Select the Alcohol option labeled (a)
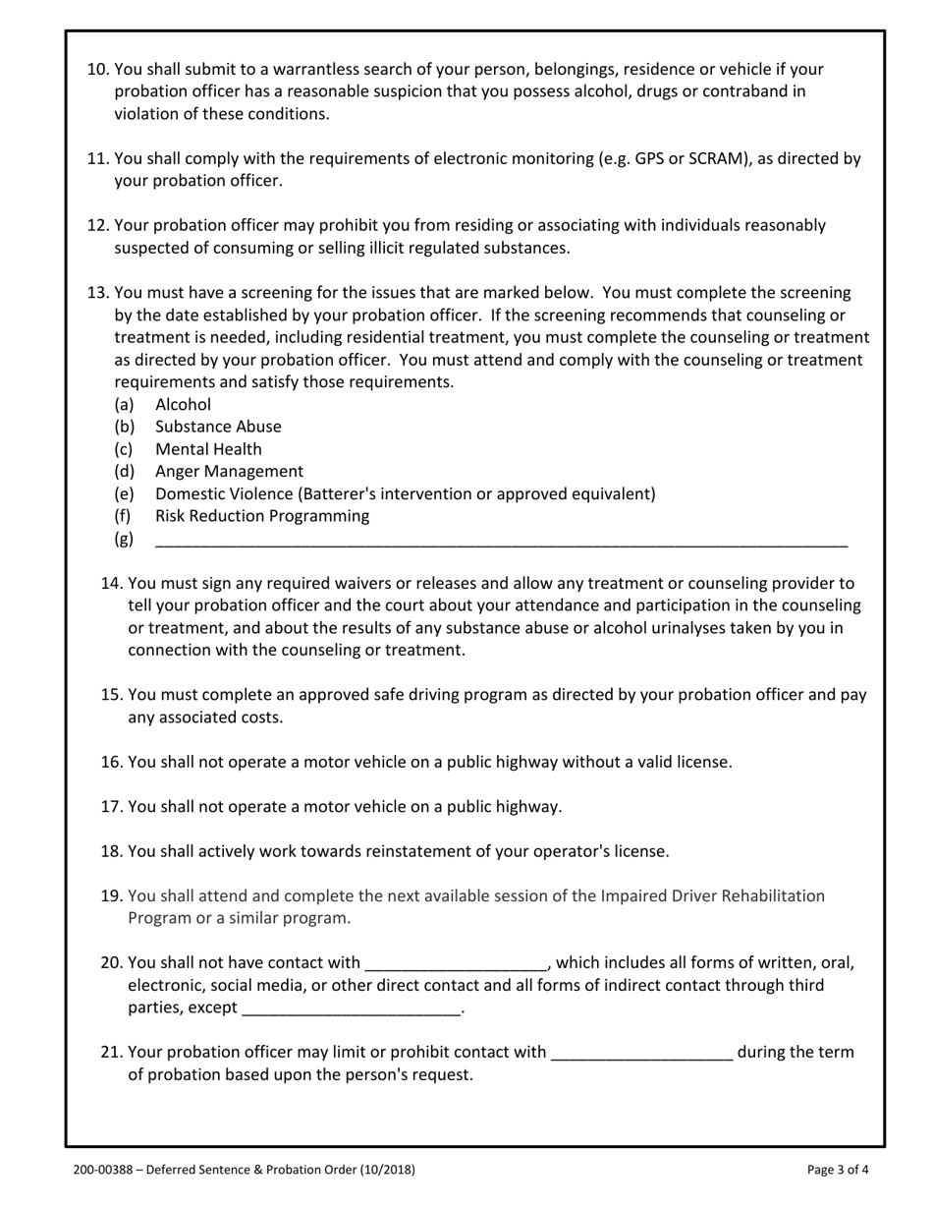pos(183,404)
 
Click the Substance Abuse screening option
pos(218,427)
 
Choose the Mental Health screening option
pos(208,449)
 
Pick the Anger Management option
pos(229,472)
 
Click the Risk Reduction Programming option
pos(262,516)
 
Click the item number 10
pos(98,70)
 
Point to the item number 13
pos(98,293)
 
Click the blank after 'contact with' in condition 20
pos(456,963)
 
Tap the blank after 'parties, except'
pos(351,1008)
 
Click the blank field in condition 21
pos(641,1053)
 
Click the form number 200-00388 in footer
pos(107,1170)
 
